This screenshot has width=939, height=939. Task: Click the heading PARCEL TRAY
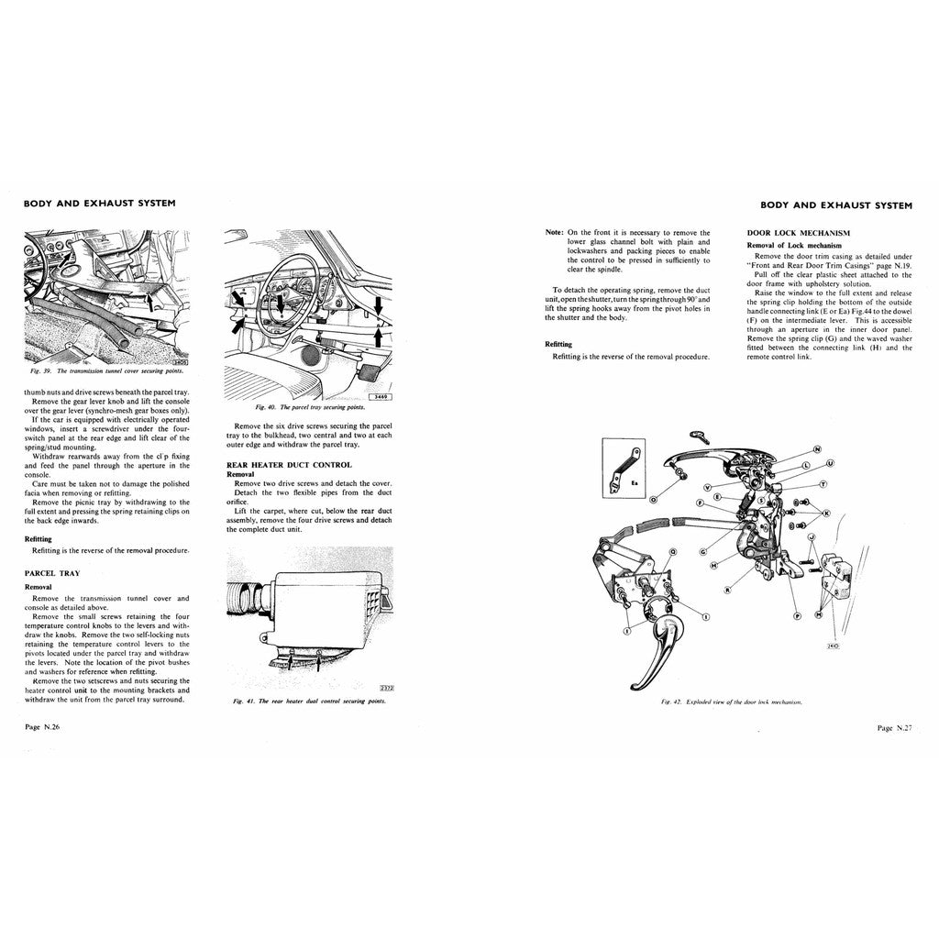(51, 573)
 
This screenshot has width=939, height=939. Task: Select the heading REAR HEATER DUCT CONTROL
(288, 465)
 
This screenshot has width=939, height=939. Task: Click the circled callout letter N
(815, 449)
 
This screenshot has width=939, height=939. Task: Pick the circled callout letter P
(797, 616)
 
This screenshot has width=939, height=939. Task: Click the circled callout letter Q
(673, 552)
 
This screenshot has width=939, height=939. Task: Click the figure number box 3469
(378, 396)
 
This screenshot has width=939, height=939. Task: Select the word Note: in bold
(554, 233)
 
